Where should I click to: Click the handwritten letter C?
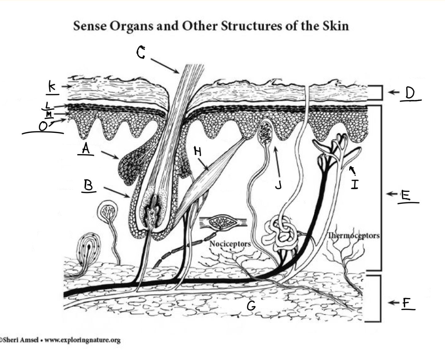(141, 52)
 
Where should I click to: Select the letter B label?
(88, 185)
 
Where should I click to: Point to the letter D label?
(410, 93)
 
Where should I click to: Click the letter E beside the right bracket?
(406, 195)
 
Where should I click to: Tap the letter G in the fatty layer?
(251, 306)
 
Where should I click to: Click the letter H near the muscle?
(197, 151)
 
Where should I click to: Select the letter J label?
(278, 185)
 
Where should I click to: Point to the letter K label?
(52, 86)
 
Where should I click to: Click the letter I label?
(355, 184)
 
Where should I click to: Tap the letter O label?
(43, 126)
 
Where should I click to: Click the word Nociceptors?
(230, 244)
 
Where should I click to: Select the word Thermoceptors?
(354, 236)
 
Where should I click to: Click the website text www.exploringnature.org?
(83, 340)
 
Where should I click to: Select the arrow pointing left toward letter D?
(394, 92)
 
